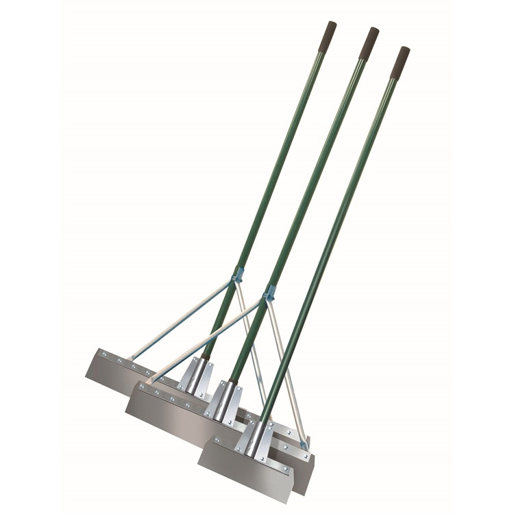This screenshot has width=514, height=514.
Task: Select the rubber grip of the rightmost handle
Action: (400, 62)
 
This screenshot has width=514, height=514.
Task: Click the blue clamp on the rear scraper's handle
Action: (238, 276)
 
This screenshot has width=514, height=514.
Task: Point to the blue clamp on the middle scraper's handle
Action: (269, 293)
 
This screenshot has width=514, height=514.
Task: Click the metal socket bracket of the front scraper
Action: (258, 439)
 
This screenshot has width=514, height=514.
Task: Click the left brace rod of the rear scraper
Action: (182, 319)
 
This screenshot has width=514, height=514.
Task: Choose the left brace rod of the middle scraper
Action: (206, 339)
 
